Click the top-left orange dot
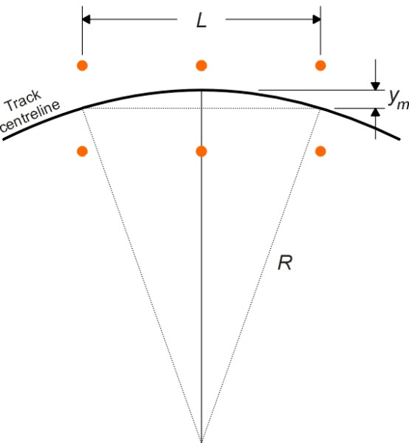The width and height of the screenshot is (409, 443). tap(82, 65)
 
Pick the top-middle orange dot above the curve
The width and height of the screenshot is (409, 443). tap(201, 65)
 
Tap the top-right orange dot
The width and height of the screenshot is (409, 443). tap(320, 65)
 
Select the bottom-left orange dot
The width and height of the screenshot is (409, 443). tap(82, 151)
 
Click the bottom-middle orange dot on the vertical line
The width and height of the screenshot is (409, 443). tap(201, 151)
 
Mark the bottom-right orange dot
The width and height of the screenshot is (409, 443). tap(320, 151)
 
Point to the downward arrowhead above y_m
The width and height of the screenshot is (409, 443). tap(375, 85)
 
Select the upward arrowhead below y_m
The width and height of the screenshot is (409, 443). tap(375, 113)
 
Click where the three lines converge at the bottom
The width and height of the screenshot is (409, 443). tap(201, 439)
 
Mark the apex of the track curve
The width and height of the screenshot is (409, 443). tap(201, 90)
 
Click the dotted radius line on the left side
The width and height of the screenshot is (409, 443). tap(140, 273)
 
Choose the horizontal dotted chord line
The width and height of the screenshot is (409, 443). tap(148, 109)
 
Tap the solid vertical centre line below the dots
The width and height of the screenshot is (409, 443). tap(201, 295)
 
